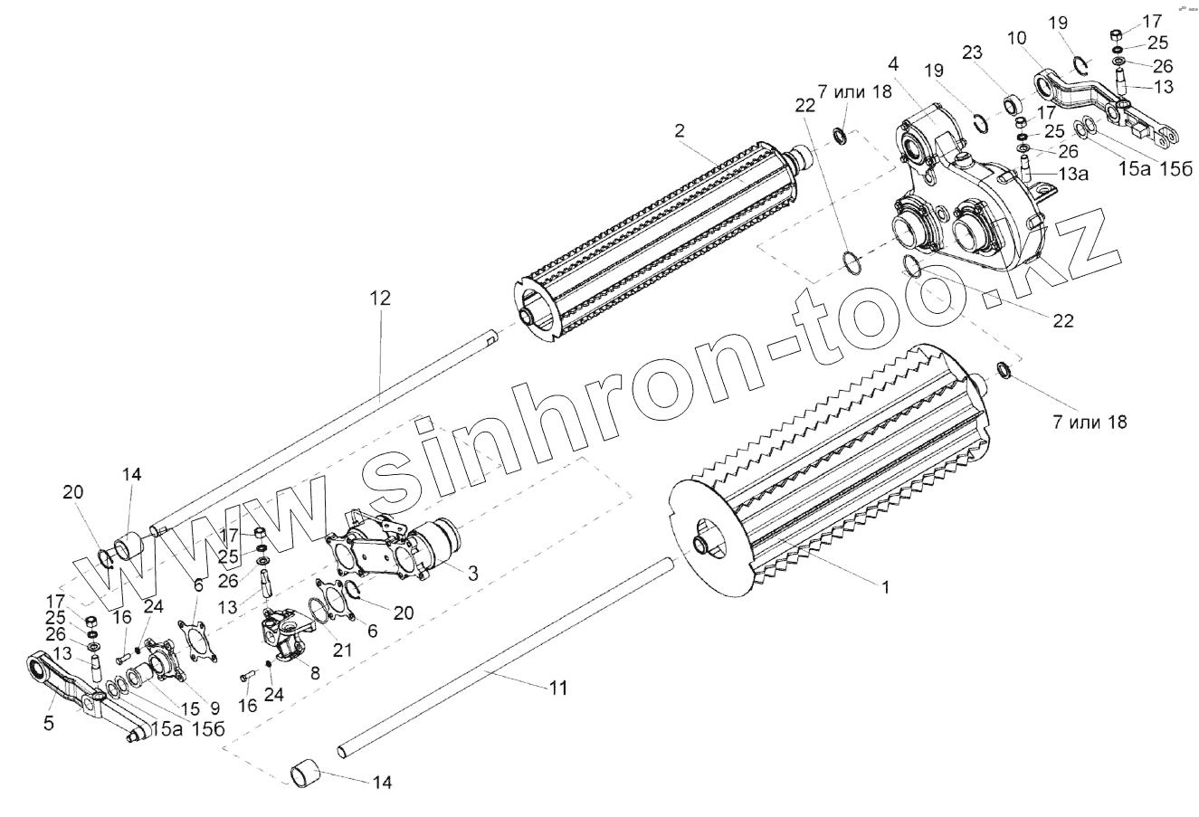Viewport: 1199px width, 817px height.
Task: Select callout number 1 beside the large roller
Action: click(x=886, y=587)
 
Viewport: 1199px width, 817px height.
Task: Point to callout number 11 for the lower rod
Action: click(x=557, y=689)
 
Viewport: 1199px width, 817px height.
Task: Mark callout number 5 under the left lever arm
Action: click(x=49, y=722)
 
